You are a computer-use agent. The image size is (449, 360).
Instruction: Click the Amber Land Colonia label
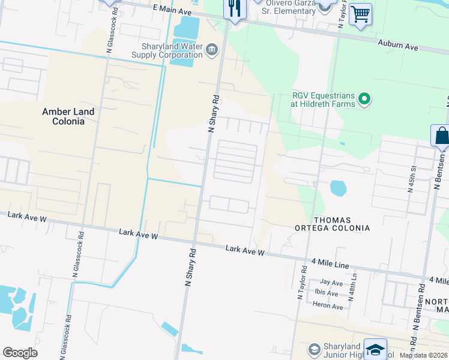[68, 116]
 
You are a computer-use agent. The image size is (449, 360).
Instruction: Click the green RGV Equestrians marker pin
[364, 98]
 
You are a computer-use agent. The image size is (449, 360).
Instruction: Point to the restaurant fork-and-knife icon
[234, 9]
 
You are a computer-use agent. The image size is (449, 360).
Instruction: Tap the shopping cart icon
[360, 14]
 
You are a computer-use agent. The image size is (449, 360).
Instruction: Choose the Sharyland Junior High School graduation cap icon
[376, 350]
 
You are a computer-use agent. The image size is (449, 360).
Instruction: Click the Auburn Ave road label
[397, 44]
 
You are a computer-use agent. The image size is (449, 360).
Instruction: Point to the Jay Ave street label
[331, 282]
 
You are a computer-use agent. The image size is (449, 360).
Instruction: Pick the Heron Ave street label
[328, 306]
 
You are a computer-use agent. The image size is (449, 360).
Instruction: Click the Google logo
[20, 353]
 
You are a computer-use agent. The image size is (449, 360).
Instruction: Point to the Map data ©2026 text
[423, 355]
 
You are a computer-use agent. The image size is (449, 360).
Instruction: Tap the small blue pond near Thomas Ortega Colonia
[338, 188]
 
